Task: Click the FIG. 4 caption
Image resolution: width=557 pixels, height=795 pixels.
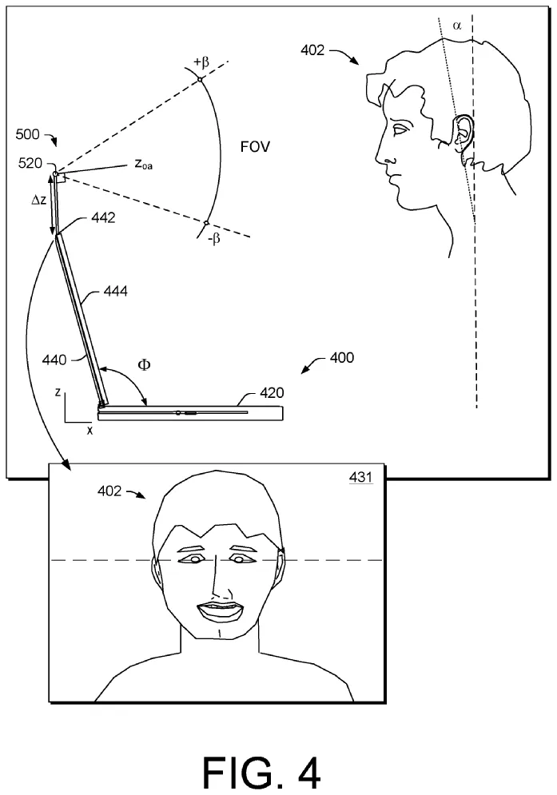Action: tap(262, 772)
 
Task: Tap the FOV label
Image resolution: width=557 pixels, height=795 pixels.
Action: tap(255, 147)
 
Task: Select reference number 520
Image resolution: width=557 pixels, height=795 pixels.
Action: tap(30, 163)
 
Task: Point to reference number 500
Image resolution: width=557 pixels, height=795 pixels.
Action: tap(27, 134)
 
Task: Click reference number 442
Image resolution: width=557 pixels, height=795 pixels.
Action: tap(103, 217)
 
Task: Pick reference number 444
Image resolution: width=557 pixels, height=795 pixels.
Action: tap(116, 291)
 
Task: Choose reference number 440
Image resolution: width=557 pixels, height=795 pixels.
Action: tap(54, 360)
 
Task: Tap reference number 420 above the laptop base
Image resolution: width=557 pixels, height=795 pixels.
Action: tap(272, 393)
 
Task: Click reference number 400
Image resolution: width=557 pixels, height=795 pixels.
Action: tap(342, 358)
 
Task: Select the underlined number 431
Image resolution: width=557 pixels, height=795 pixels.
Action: tap(360, 477)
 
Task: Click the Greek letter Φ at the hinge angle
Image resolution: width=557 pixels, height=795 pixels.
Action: tap(145, 364)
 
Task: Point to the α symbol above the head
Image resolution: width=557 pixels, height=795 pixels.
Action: tap(457, 25)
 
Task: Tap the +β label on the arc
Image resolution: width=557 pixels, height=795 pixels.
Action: tap(201, 62)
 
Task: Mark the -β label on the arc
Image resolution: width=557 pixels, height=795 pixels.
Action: tap(213, 238)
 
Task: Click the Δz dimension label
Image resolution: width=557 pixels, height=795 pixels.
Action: tap(39, 200)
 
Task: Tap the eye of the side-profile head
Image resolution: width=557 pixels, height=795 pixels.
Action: tap(400, 129)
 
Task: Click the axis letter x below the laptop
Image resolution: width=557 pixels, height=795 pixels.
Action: tap(90, 431)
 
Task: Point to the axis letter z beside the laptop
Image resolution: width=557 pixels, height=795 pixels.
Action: tap(58, 392)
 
